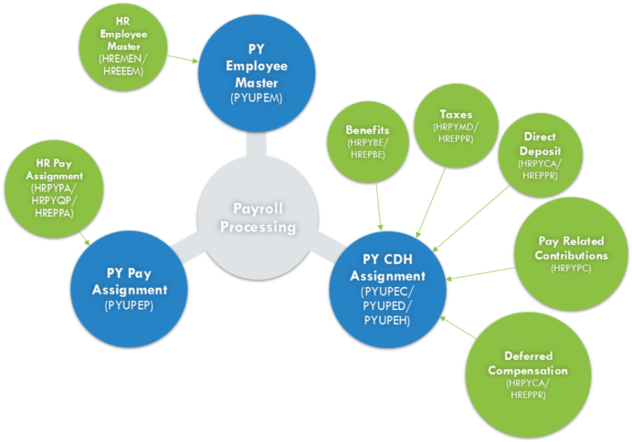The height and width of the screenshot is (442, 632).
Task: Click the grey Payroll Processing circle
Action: [257, 218]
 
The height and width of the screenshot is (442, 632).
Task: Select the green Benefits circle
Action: [367, 143]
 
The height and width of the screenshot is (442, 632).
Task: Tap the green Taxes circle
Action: [456, 126]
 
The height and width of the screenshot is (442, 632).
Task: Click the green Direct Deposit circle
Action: [539, 155]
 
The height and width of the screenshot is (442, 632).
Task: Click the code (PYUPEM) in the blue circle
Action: [256, 98]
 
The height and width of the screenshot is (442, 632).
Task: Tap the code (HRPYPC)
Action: [571, 268]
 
